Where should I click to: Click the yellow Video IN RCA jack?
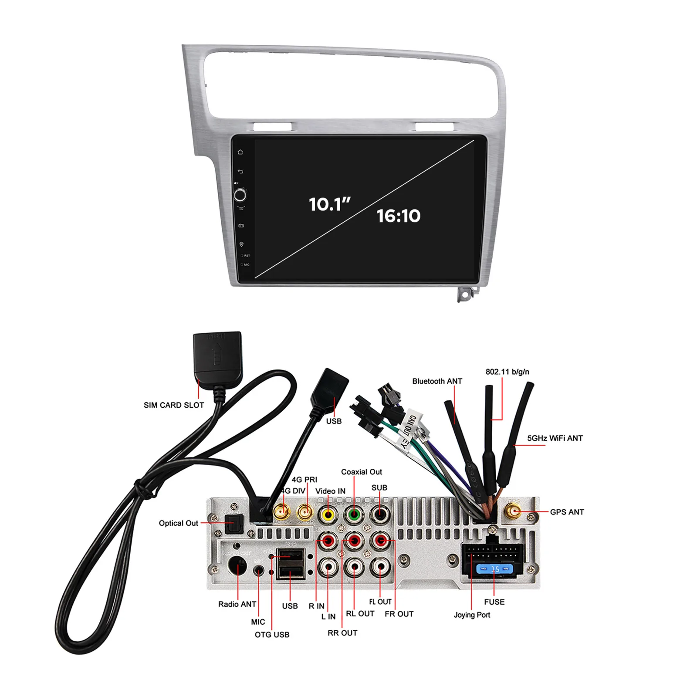(x=328, y=515)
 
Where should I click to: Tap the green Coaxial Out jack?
(x=354, y=515)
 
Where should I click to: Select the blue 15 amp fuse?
(x=494, y=569)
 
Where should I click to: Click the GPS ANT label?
(x=567, y=512)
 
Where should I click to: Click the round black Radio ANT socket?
(x=237, y=566)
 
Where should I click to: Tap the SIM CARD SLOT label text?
(x=174, y=405)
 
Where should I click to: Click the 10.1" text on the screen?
(x=329, y=204)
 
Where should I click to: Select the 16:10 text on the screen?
(x=399, y=216)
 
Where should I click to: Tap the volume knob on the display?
(x=240, y=195)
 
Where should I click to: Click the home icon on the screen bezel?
(x=240, y=152)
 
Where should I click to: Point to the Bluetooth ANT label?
(x=437, y=381)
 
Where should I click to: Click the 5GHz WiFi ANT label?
(x=555, y=438)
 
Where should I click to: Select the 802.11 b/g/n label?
(x=507, y=372)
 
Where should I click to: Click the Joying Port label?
(x=472, y=615)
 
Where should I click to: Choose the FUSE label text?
(x=494, y=602)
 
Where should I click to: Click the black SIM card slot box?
(x=217, y=357)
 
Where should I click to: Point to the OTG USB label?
(x=272, y=635)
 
